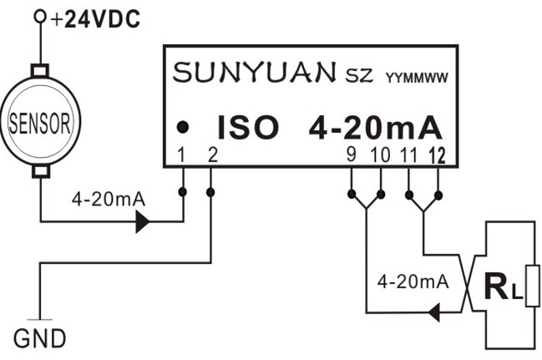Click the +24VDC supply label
94,19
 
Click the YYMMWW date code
417,79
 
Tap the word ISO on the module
247,127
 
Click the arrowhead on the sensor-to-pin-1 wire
142,221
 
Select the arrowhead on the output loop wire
434,313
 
